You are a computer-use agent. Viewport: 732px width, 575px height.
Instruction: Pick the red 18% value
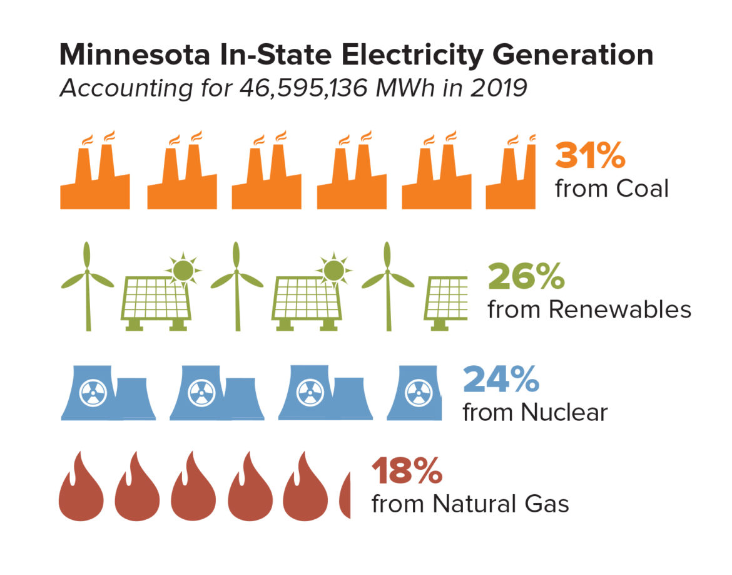click(x=407, y=471)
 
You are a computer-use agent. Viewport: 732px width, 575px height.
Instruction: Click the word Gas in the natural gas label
click(x=546, y=504)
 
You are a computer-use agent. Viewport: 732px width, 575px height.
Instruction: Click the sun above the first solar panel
click(x=183, y=270)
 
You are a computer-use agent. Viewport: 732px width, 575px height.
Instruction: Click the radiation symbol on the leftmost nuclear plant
click(x=94, y=393)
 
